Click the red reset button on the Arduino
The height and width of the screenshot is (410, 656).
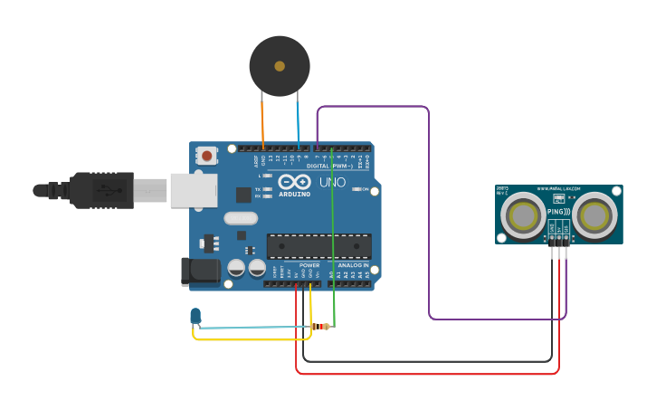click(x=207, y=156)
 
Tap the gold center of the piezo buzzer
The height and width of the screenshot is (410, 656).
click(x=280, y=66)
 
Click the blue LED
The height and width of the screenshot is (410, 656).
click(x=195, y=315)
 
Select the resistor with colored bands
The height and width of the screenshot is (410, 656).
click(x=320, y=326)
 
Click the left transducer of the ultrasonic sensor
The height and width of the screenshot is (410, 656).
click(x=524, y=216)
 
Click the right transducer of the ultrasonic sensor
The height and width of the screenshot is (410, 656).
click(x=594, y=215)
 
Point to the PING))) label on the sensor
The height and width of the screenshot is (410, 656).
click(x=558, y=212)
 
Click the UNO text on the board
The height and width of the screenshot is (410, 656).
click(x=333, y=182)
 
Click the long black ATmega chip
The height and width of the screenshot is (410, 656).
click(x=318, y=246)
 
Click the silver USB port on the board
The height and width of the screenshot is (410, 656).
click(x=194, y=190)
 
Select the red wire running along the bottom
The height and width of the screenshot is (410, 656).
click(x=425, y=373)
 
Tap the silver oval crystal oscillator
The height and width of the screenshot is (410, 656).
click(x=241, y=218)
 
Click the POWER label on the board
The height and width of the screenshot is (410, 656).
click(x=309, y=265)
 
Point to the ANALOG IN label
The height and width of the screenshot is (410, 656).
click(x=353, y=265)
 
